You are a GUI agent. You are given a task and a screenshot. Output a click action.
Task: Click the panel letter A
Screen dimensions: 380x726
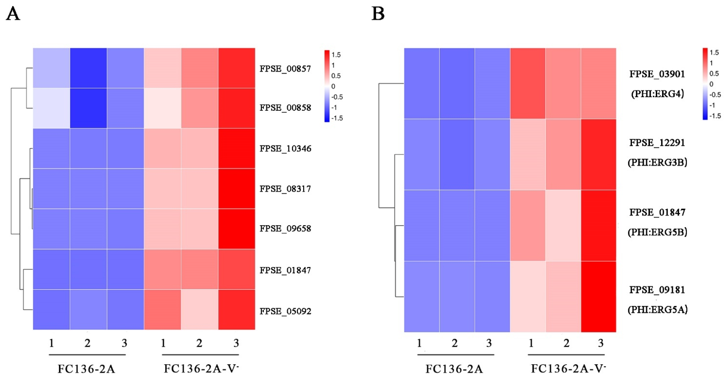click(13, 14)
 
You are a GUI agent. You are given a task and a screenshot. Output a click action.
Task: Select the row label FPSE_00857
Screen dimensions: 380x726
click(285, 69)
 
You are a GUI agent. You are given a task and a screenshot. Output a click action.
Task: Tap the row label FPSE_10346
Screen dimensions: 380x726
click(285, 148)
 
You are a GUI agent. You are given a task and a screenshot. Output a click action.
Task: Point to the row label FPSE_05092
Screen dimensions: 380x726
click(285, 311)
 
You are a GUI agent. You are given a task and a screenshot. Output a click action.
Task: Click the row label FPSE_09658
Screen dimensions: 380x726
click(285, 228)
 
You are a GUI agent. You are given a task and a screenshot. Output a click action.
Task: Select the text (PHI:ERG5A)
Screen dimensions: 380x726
click(657, 310)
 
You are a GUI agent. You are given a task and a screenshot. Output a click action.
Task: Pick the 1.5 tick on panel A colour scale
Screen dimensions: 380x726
click(336, 55)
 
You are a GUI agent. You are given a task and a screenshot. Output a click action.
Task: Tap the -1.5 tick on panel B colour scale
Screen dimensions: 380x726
click(715, 116)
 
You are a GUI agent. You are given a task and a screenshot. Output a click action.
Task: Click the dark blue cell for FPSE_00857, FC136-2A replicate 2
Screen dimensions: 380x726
click(88, 68)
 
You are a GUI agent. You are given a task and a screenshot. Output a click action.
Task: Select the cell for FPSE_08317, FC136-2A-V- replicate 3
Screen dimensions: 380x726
click(236, 188)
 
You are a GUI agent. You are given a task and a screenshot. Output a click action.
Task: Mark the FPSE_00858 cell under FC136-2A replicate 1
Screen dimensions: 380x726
click(51, 108)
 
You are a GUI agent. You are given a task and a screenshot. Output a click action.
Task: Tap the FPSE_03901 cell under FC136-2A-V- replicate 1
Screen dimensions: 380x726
click(528, 83)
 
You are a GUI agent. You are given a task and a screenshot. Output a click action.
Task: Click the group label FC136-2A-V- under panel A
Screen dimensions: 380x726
click(201, 368)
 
